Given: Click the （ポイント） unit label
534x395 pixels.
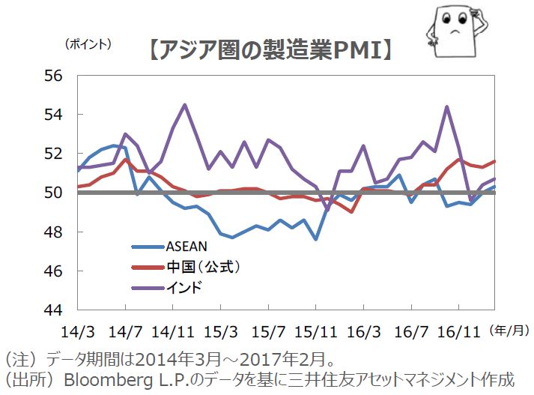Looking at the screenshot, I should (88, 43).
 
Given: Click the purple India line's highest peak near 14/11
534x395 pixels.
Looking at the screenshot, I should (185, 105).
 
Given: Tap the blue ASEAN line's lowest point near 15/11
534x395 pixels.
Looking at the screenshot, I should (316, 239).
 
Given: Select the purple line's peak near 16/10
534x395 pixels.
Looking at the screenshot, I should (447, 106).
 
